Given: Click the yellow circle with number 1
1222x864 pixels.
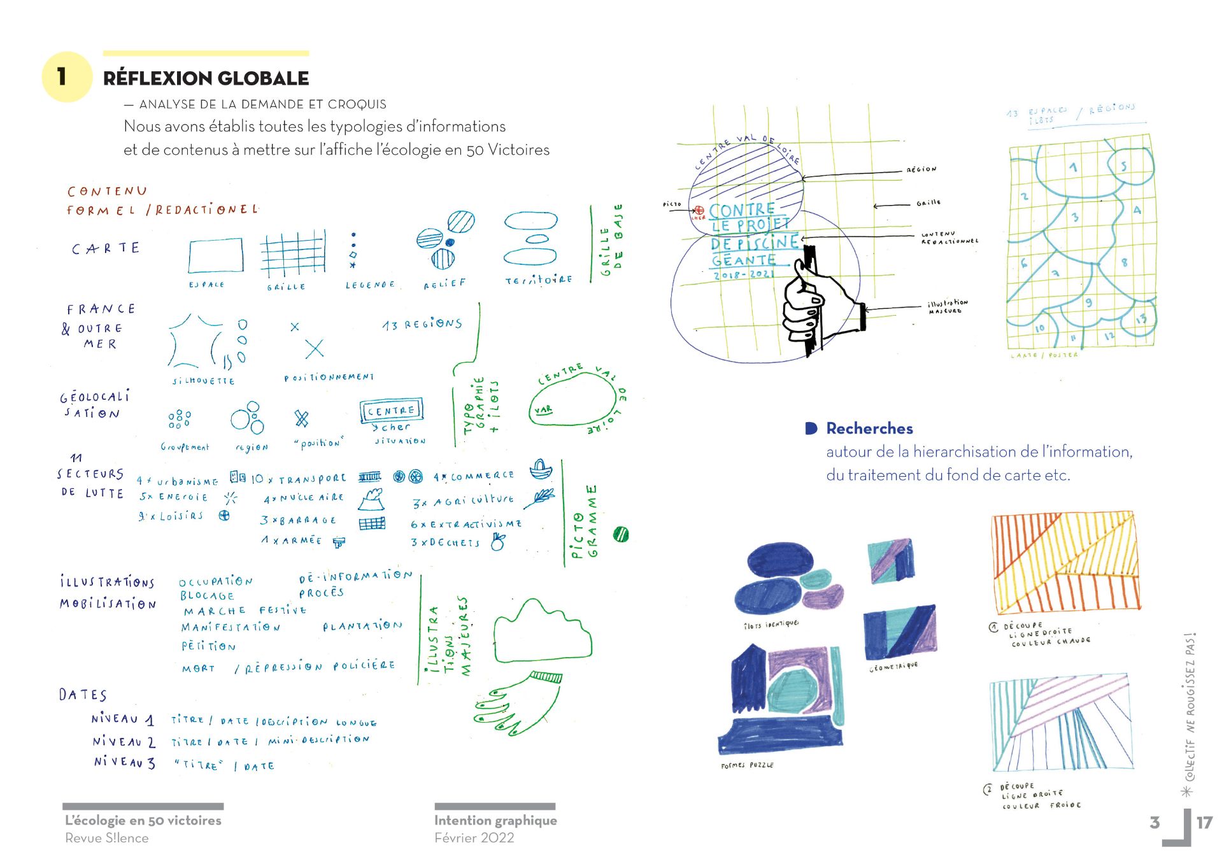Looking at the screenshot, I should point(66,77).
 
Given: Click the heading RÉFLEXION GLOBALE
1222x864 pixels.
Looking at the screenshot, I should point(206,78).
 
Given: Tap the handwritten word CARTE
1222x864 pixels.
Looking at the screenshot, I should point(106,248).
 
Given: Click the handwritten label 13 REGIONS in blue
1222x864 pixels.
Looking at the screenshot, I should point(422,324).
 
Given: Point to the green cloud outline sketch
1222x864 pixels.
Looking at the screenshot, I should point(542,632).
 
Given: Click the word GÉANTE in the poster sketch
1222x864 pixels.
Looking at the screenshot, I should point(744,260).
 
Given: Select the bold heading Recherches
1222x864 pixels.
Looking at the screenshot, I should point(869,428).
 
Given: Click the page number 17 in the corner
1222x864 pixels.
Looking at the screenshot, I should point(1204,823).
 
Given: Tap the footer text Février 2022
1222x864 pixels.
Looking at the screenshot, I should point(474,838).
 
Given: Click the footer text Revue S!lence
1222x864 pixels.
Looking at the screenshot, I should point(106,838).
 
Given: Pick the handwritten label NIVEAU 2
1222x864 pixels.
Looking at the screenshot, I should point(124,742).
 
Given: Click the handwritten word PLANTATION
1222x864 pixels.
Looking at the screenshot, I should point(362,626).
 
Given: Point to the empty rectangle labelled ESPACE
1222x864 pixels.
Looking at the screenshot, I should point(216,255).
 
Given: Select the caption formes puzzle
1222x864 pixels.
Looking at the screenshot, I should point(747,765).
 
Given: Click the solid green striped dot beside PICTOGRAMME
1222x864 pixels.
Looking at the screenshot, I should point(621,534).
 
